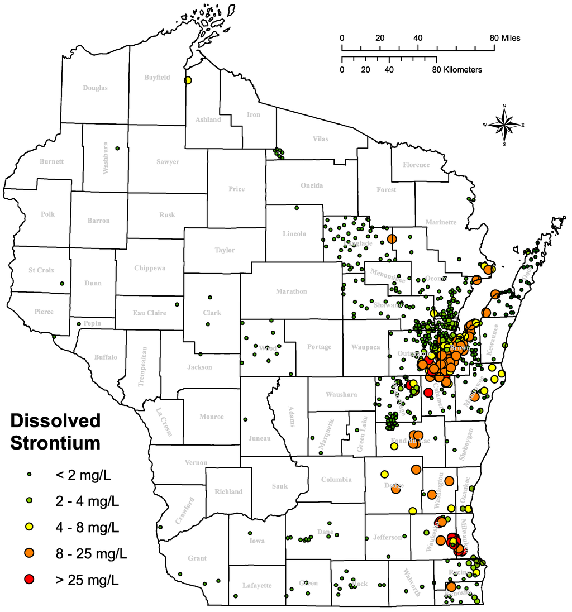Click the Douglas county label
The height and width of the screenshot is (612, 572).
coord(95,88)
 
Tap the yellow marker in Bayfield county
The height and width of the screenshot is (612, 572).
coord(188,80)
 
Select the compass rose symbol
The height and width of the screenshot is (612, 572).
coord(504,125)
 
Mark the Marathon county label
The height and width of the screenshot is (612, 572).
coord(291,291)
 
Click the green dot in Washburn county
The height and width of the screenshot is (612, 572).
coord(117,148)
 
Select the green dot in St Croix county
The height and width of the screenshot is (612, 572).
coord(62,284)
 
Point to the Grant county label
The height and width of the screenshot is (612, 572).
coord(197,558)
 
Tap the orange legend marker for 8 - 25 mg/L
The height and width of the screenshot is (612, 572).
coord(30,552)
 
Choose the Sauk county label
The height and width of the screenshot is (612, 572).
coord(280,486)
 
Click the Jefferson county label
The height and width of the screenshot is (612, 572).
coord(387,537)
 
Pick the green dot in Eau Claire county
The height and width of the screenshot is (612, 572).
coord(177,304)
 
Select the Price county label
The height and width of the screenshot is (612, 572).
coord(237,189)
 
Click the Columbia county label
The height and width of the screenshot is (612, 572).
coord(336,479)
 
